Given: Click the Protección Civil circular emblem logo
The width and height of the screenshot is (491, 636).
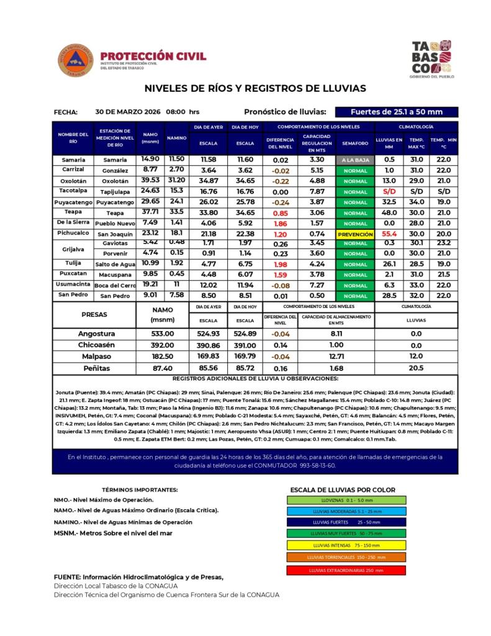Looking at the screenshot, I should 74,61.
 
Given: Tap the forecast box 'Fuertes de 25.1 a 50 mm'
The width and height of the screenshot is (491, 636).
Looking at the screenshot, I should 396,112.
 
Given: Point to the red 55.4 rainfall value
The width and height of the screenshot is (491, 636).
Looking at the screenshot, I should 389,234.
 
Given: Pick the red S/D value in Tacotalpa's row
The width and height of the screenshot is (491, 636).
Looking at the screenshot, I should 389,191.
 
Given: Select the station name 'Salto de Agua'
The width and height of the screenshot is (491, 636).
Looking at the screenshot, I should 115,264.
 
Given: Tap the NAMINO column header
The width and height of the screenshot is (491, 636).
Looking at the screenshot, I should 177,138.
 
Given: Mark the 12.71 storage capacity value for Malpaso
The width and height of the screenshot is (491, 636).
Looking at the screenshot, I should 336,357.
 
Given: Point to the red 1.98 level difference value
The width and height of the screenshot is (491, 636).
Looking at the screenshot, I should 280,264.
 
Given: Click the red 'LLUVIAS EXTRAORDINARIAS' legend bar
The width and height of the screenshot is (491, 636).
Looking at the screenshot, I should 346,570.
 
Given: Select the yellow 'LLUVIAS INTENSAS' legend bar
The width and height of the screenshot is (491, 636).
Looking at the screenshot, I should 346,545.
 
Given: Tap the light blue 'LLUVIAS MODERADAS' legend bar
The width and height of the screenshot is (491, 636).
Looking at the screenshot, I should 346,511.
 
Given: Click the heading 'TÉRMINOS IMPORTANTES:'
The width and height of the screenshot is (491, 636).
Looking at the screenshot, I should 139,489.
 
